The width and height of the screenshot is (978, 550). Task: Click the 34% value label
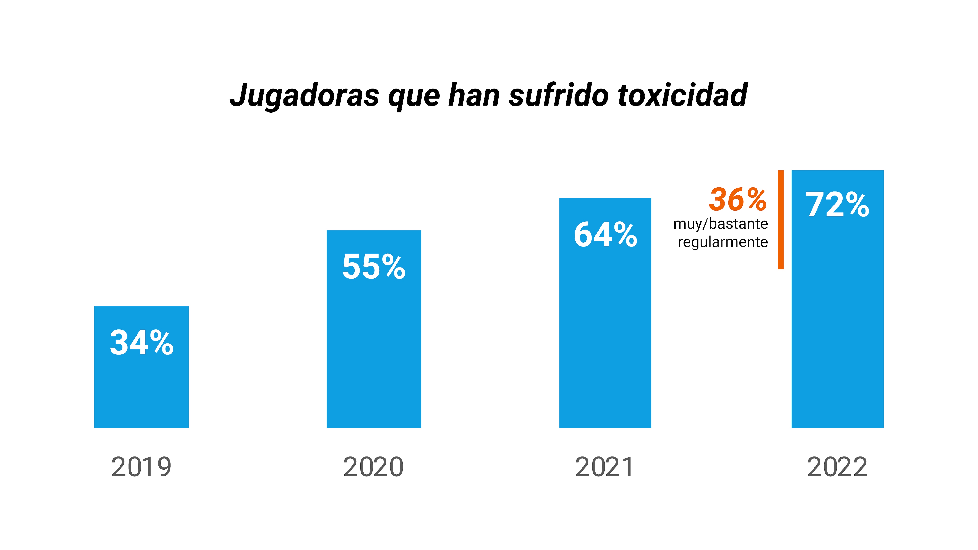tap(141, 343)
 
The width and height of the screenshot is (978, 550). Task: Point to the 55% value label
tap(374, 267)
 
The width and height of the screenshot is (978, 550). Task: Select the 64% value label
tap(605, 235)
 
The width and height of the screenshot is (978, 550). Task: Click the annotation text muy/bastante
tap(720, 224)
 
